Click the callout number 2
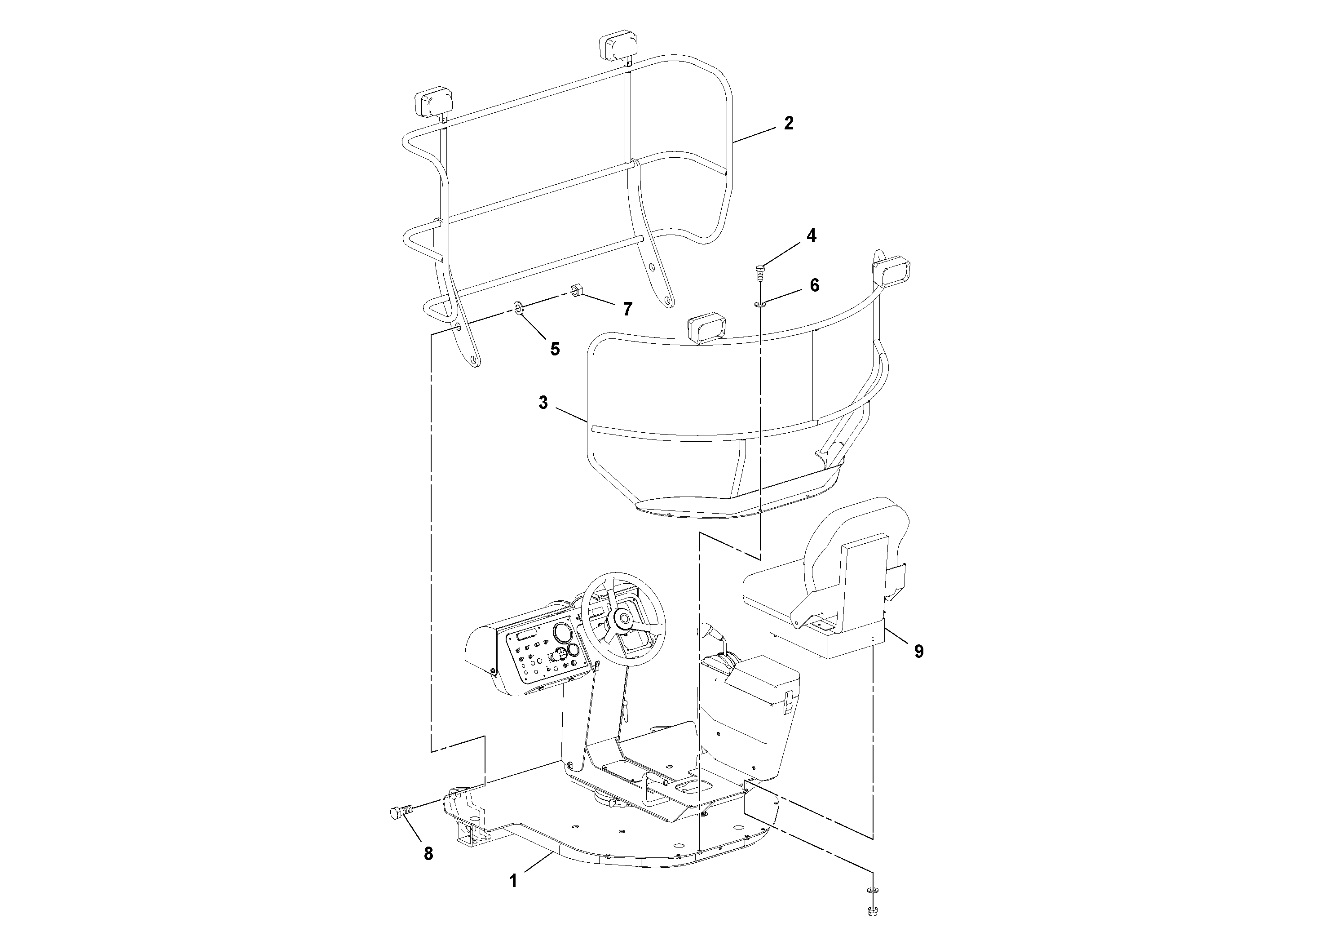(x=789, y=124)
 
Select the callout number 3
(x=543, y=403)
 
